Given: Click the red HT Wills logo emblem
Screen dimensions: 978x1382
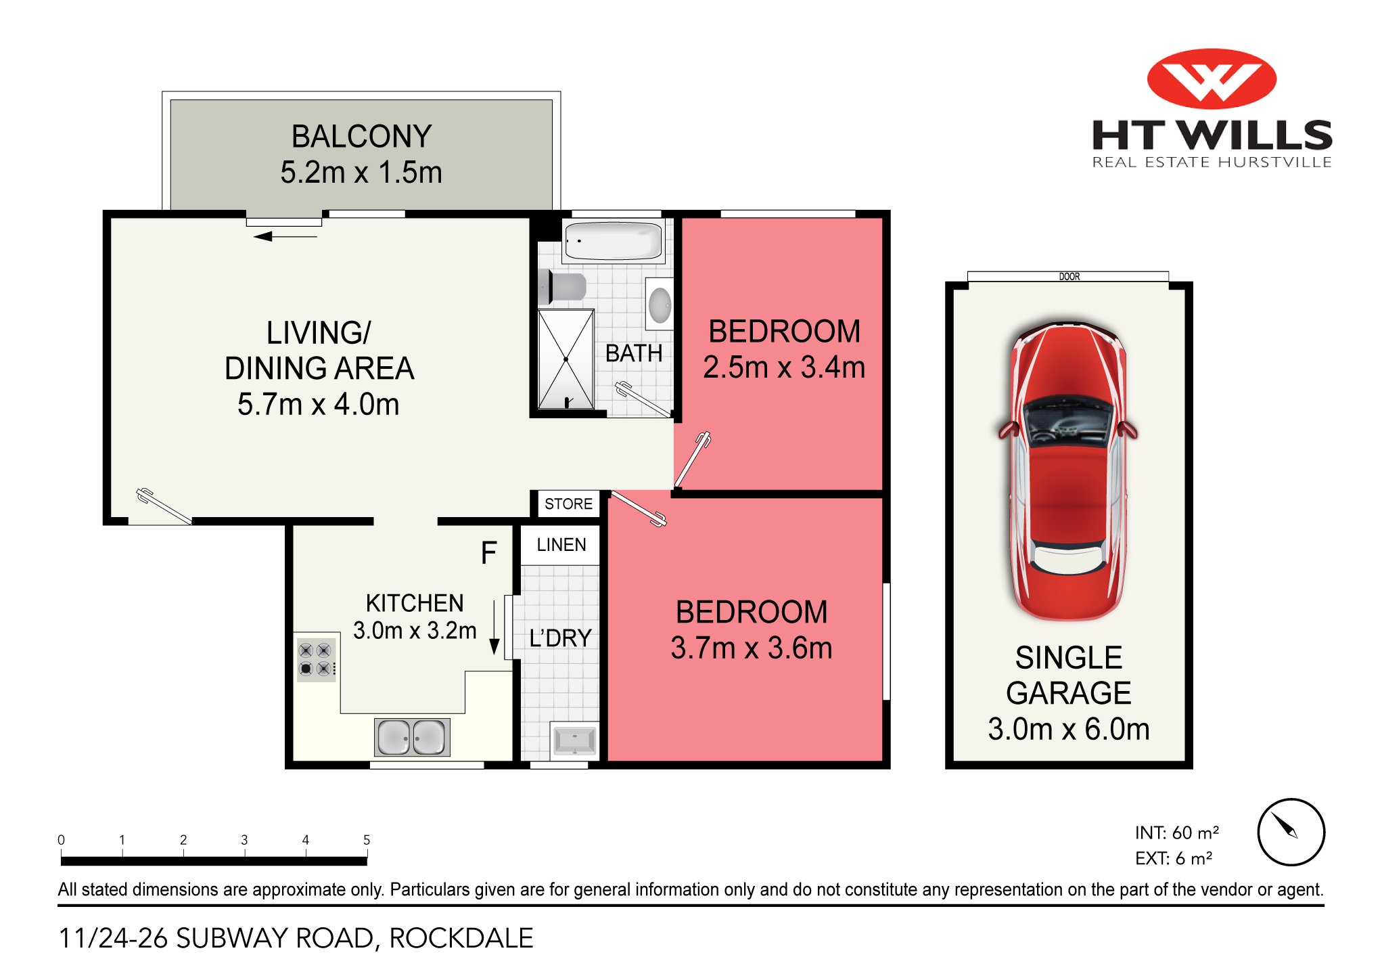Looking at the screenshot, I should coord(1211,79).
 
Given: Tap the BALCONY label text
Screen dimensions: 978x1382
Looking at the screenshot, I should coord(361,137).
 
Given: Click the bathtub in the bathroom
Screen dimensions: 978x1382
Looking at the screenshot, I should coord(613,241).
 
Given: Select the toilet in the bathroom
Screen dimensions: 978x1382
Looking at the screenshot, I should coord(563,287).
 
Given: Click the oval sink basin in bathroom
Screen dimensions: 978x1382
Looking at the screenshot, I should coord(660,305).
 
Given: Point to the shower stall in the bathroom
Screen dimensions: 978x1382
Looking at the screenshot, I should coord(566,359).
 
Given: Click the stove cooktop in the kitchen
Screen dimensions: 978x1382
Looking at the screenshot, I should coord(315,659).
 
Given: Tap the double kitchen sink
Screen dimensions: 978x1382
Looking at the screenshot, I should coord(411,737).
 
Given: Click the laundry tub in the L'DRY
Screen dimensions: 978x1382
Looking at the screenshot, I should coord(574,740).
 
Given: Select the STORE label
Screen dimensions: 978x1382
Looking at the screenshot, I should coord(568,504).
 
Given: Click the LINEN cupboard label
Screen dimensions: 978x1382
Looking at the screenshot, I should coord(561,545).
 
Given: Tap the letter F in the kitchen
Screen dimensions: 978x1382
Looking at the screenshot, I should coord(488,553).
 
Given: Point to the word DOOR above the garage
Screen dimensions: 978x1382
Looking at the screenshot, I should coord(1069,276).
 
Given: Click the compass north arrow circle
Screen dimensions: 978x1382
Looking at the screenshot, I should coord(1290,832).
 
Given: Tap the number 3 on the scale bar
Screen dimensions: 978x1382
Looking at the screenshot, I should coord(244,839).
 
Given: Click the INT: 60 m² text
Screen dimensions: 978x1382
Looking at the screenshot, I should coord(1176,832).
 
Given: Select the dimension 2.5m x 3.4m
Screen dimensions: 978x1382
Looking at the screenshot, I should coord(783,368).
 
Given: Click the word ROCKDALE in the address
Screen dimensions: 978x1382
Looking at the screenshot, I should coord(461,938).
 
